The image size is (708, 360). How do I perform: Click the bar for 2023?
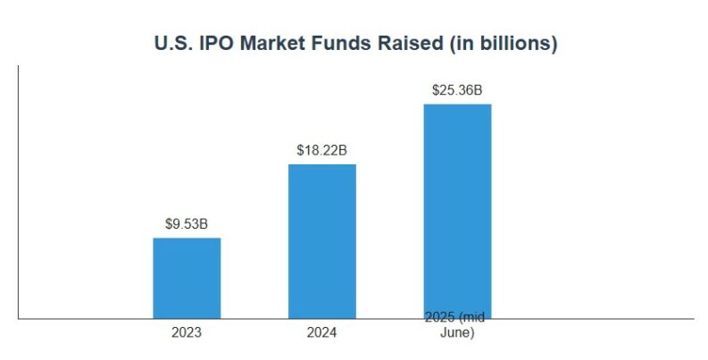[x=187, y=278]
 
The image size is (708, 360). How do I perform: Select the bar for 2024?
[x=321, y=241]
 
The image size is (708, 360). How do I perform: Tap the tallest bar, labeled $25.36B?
[x=457, y=211]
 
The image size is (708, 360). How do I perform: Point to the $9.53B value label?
[x=187, y=223]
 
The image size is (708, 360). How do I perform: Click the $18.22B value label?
[x=321, y=150]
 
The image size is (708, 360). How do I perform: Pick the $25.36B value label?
[x=457, y=90]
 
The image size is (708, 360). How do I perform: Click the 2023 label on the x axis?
[x=187, y=333]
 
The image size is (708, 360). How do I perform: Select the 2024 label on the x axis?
[x=321, y=333]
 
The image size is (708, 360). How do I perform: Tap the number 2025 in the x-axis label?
[x=440, y=317]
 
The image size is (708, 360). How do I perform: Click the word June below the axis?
[x=457, y=333]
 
